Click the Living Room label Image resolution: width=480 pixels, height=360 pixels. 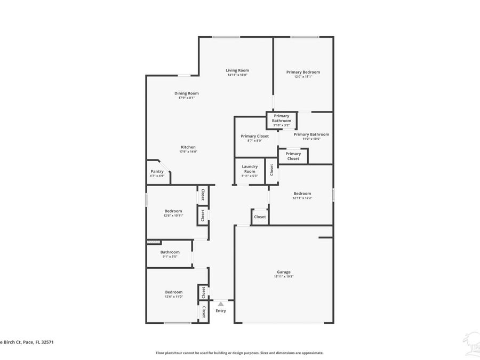click(237, 70)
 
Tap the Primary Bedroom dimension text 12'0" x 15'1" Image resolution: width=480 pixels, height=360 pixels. click(303, 77)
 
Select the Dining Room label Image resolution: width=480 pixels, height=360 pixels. click(187, 93)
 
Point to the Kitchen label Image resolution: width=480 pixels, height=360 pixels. click(188, 147)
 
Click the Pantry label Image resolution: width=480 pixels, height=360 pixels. click(157, 171)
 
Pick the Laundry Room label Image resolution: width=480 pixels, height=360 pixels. click(250, 169)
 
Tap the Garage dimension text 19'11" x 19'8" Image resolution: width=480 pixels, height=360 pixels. click(284, 276)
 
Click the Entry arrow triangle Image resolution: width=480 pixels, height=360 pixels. click(221, 303)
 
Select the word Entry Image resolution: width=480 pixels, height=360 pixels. click(221, 310)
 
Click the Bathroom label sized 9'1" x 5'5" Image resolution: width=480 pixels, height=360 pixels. click(170, 252)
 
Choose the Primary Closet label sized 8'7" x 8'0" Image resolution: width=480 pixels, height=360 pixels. click(255, 136)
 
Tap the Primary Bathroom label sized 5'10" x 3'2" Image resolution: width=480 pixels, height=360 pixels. click(282, 118)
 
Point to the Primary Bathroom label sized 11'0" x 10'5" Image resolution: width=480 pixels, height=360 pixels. click(311, 134)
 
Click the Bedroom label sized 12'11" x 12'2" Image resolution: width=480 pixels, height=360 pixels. click(302, 194)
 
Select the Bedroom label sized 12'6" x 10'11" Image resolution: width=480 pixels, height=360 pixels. click(173, 211)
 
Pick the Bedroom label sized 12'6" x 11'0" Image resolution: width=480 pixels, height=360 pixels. click(174, 292)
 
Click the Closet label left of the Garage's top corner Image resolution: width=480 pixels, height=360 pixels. click(260, 217)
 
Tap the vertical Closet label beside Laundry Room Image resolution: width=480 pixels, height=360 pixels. click(272, 170)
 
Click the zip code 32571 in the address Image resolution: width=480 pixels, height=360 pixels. click(47, 343)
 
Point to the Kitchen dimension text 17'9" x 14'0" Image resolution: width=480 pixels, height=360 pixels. click(188, 152)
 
